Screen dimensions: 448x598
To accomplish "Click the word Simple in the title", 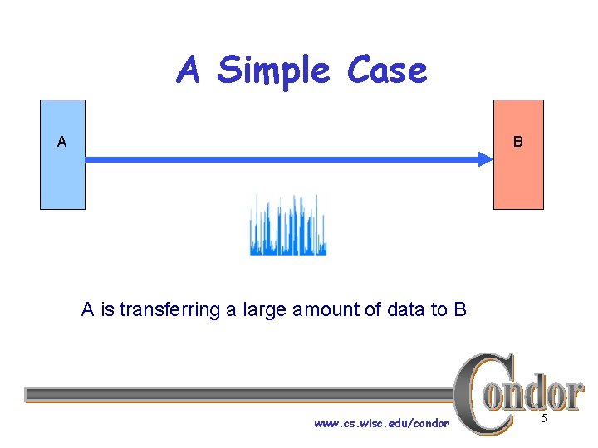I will [x=273, y=71].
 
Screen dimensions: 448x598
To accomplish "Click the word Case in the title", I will [x=387, y=71].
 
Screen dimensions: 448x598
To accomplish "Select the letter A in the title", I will [x=189, y=71].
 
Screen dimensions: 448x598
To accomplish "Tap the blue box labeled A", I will [x=63, y=178].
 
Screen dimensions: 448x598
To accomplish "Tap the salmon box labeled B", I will [x=518, y=178].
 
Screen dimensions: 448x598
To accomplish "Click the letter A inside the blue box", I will [x=61, y=142].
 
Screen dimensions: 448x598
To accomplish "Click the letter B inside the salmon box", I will [x=517, y=142].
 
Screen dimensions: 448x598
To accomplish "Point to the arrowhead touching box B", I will [x=485, y=159].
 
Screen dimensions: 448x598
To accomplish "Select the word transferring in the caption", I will [x=170, y=310].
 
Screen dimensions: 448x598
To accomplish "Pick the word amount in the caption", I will [x=323, y=310].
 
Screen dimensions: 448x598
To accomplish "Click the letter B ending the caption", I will [x=460, y=310].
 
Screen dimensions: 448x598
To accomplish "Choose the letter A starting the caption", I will [x=87, y=310].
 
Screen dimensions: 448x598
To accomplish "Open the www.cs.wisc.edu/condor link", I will [x=381, y=424].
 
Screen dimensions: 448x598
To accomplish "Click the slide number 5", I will [x=544, y=419].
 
